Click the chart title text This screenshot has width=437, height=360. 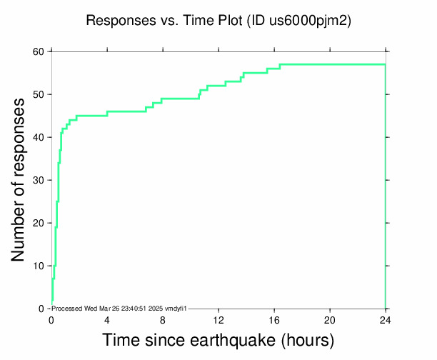click(x=218, y=21)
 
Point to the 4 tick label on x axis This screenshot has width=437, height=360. click(x=107, y=319)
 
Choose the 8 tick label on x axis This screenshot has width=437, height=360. click(x=163, y=319)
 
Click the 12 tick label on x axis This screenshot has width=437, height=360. click(x=218, y=319)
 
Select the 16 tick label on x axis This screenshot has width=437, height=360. click(x=274, y=319)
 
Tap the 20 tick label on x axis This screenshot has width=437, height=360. click(x=330, y=319)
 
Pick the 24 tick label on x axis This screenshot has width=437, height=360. click(x=386, y=319)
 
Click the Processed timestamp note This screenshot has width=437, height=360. click(x=119, y=307)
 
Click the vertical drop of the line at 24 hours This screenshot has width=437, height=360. click(x=386, y=186)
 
